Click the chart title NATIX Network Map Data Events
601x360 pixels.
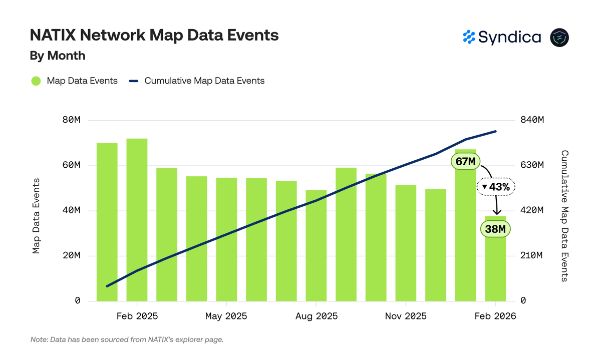154,35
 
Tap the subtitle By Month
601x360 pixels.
58,56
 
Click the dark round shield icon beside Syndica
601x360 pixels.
559,38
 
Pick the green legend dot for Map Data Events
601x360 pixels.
36,81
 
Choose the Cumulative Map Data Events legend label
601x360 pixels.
204,81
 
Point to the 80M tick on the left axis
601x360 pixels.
71,120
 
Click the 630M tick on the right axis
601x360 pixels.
532,165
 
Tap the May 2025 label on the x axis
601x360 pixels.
226,316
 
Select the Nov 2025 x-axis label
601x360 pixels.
406,316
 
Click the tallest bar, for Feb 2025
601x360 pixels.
137,220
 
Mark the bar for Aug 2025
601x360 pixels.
316,246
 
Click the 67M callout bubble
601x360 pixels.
465,162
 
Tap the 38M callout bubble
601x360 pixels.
495,229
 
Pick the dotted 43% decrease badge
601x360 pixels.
496,187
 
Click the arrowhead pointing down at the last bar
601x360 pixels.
497,212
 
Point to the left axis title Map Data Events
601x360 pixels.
36,216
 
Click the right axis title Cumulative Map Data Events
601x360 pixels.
564,216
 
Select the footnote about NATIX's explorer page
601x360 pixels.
127,339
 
